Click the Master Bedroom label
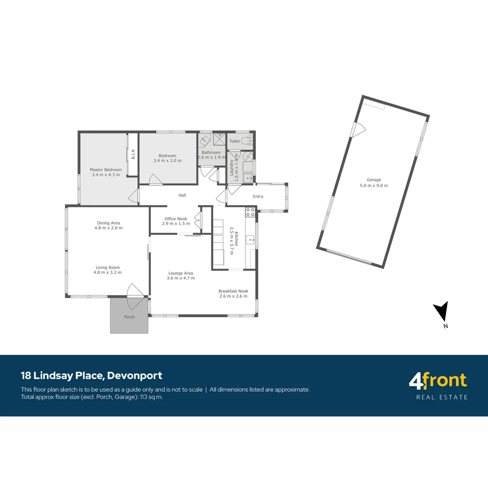[105, 170]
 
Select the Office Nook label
[176, 219]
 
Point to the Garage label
[374, 180]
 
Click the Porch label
[129, 317]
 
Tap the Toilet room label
[235, 141]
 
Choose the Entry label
[258, 197]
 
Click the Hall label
[182, 195]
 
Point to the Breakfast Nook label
[233, 291]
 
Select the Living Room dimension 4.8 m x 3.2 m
[108, 272]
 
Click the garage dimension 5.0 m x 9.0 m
[374, 186]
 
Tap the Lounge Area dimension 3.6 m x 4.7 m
[181, 278]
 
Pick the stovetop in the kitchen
[250, 212]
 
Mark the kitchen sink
[250, 239]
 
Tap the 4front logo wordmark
[438, 381]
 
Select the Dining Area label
[108, 223]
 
